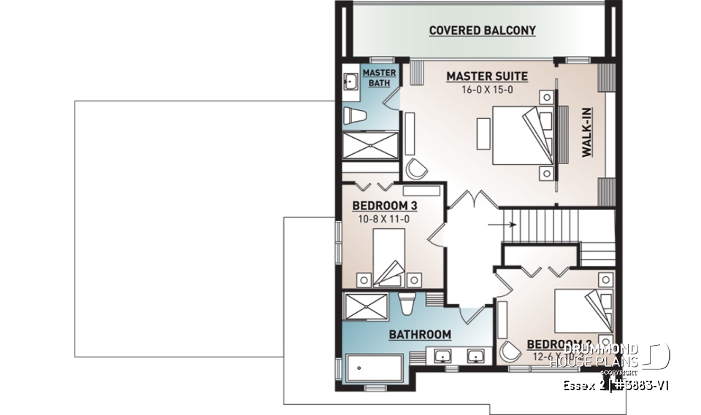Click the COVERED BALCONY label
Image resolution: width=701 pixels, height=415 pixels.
coord(482,31)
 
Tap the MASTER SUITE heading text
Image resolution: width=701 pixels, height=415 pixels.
coord(486,76)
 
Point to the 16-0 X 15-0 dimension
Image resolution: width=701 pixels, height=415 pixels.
coord(486,90)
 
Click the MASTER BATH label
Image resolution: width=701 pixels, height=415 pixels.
coord(379,79)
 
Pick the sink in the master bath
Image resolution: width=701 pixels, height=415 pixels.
coord(349,82)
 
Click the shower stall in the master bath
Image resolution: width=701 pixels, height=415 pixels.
coord(371,144)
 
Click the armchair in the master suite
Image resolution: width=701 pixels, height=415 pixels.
coord(418,168)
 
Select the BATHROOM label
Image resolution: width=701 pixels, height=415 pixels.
coord(419,335)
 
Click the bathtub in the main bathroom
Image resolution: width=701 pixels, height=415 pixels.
coord(374,368)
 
